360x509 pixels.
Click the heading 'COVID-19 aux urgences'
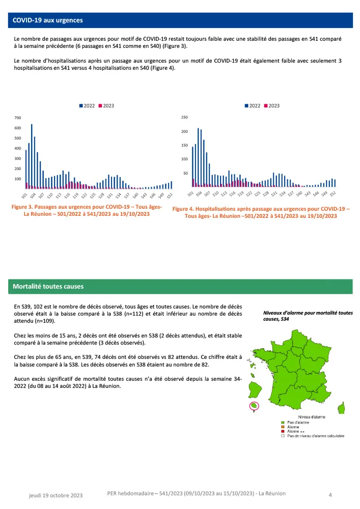click(x=48, y=20)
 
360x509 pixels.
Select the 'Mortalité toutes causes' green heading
click(x=48, y=287)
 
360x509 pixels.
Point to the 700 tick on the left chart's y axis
click(x=18, y=118)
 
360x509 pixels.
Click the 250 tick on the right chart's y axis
click(x=185, y=118)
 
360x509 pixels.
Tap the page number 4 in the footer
click(x=330, y=494)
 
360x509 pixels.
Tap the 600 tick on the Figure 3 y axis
click(x=18, y=128)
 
